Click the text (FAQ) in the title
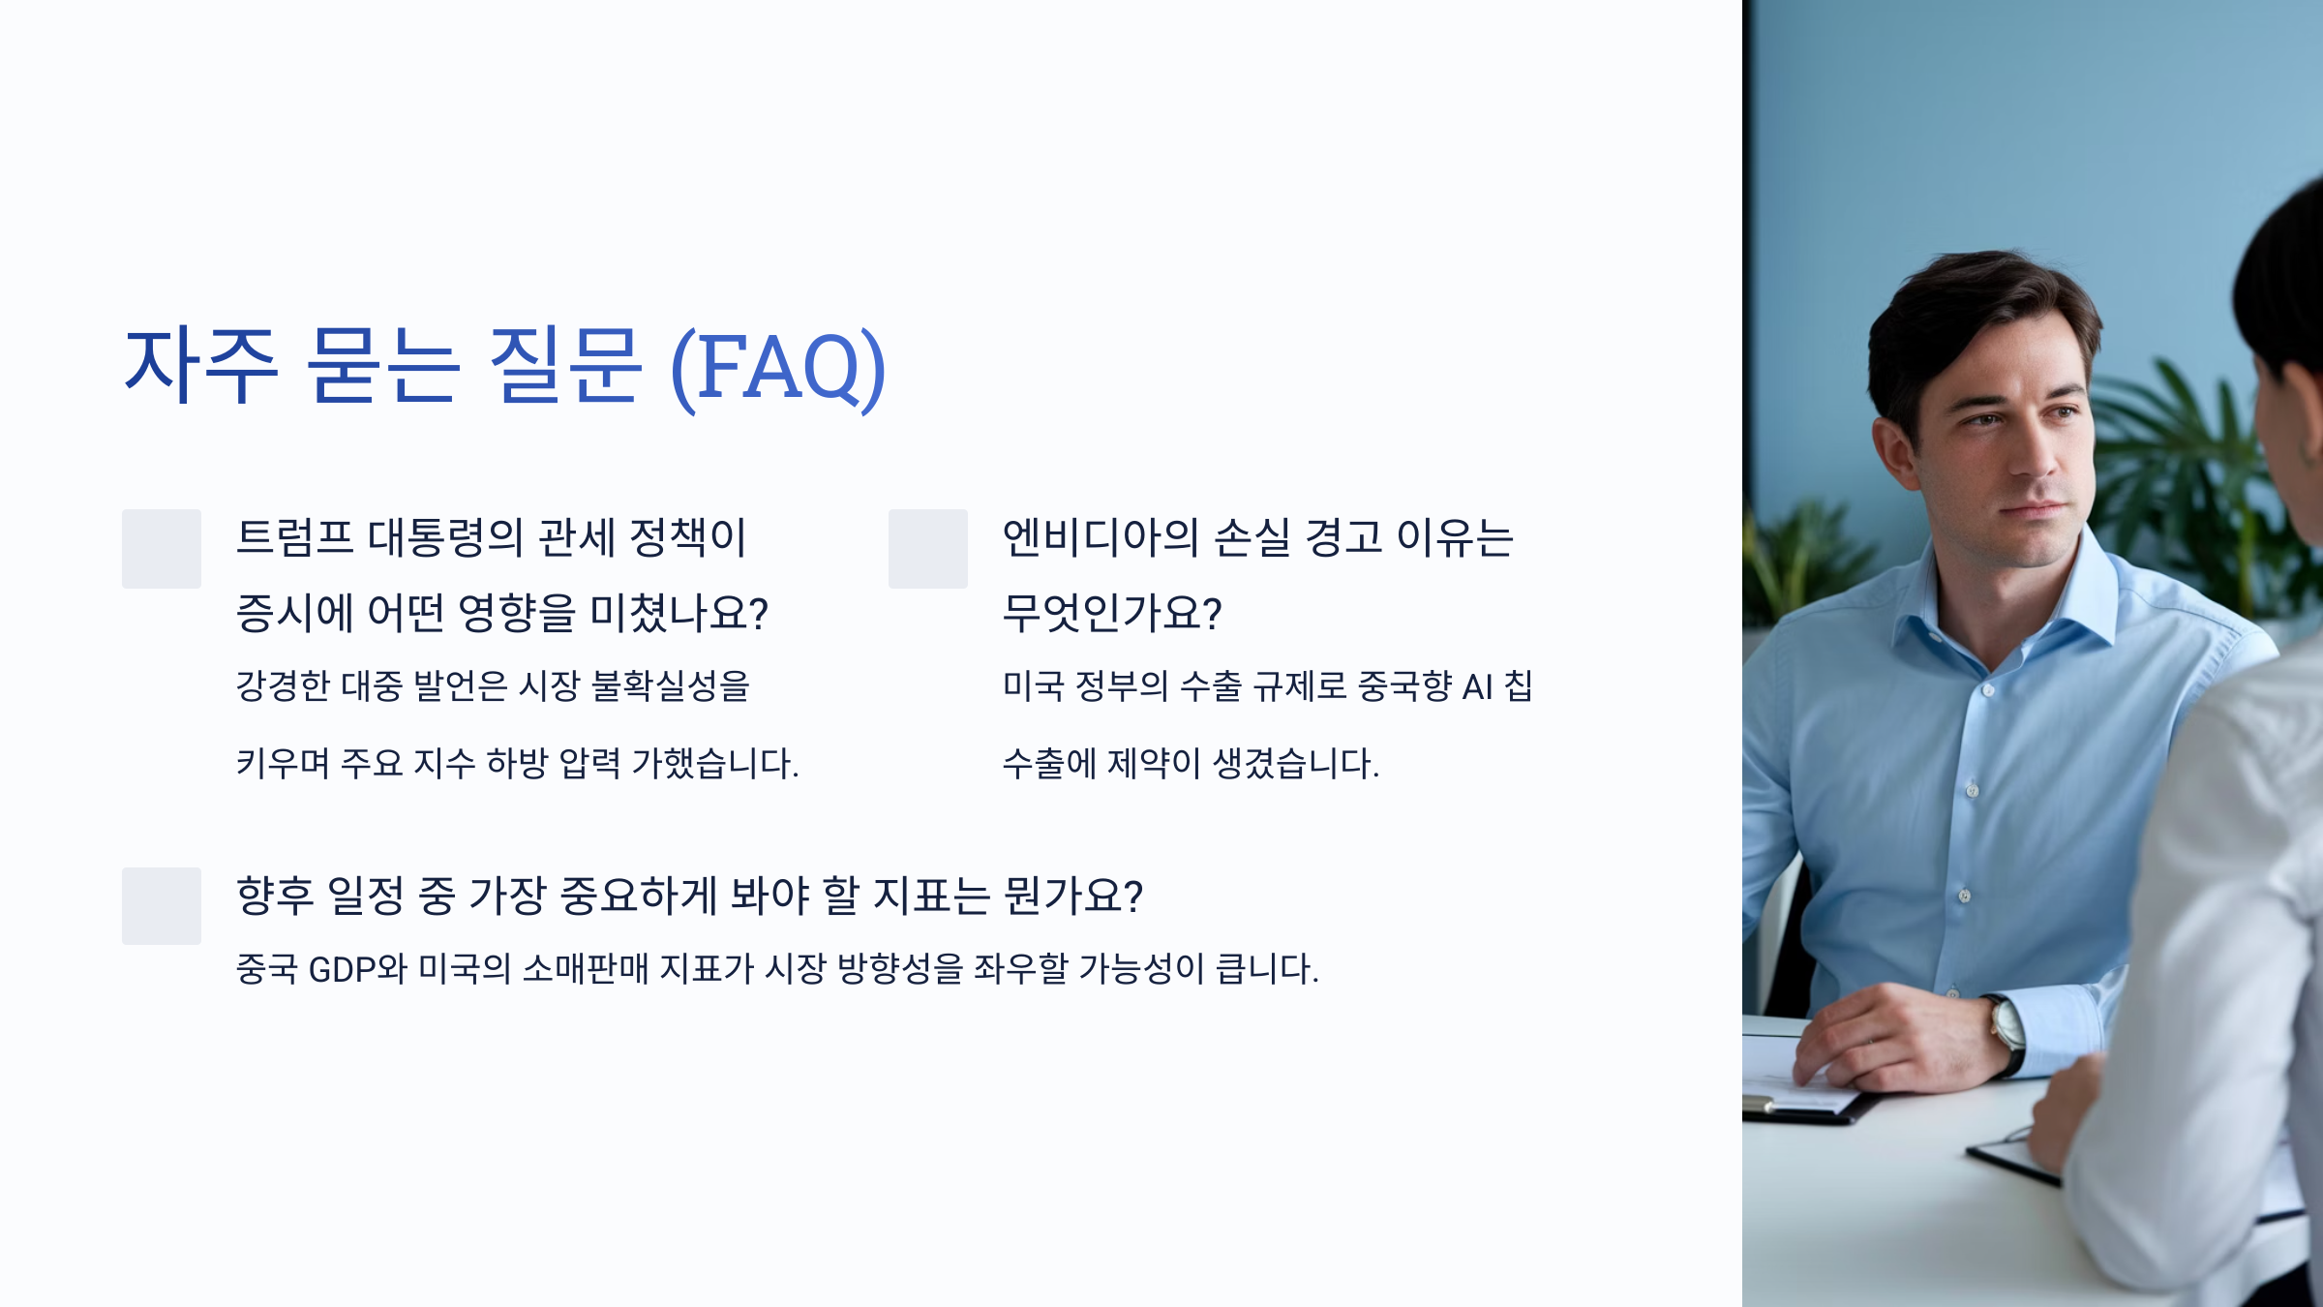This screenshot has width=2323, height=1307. coord(778,367)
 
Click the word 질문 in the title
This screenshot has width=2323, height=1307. coord(565,365)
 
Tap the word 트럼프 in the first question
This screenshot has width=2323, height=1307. coord(295,537)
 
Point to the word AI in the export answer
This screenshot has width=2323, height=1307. coord(1477,686)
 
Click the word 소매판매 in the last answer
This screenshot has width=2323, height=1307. coord(586,968)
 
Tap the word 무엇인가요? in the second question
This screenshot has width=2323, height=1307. coord(1112,613)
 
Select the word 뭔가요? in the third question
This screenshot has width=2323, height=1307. coord(1073,896)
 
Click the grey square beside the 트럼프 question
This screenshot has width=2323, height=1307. coord(162,549)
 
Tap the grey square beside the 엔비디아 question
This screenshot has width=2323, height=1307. coord(928,549)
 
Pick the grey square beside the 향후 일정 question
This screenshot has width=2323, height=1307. coord(162,906)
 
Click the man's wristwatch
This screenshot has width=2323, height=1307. coord(2007,1034)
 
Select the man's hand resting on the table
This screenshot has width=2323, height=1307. coord(1887,1041)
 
